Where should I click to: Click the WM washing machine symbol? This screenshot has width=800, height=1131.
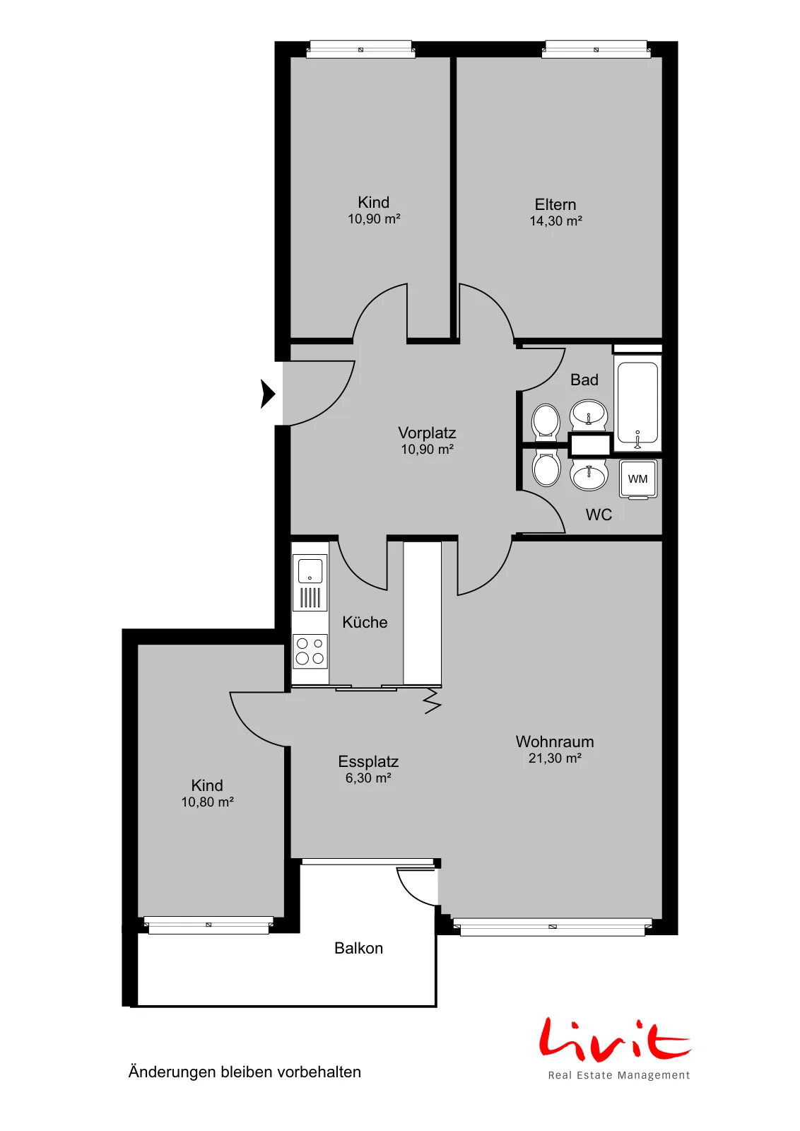pyautogui.click(x=638, y=479)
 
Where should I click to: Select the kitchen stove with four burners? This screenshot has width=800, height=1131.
pyautogui.click(x=310, y=651)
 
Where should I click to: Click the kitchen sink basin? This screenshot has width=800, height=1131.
pyautogui.click(x=310, y=570)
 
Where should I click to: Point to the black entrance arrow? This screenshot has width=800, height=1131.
pyautogui.click(x=268, y=393)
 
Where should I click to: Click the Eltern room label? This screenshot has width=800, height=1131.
pyautogui.click(x=555, y=204)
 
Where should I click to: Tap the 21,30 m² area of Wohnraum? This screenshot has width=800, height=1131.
pyautogui.click(x=555, y=758)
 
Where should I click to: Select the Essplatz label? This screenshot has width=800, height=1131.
pyautogui.click(x=368, y=761)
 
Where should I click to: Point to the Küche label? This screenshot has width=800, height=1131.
pyautogui.click(x=365, y=622)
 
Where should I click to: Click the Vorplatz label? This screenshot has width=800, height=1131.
pyautogui.click(x=427, y=433)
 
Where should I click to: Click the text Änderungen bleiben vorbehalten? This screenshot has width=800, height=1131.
pyautogui.click(x=245, y=1072)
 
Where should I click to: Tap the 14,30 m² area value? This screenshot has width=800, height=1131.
pyautogui.click(x=555, y=221)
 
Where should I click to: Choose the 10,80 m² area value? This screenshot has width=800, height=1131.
pyautogui.click(x=208, y=802)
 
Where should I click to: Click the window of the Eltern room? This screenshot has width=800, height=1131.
pyautogui.click(x=596, y=49)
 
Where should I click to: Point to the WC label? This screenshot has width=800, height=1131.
pyautogui.click(x=599, y=515)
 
